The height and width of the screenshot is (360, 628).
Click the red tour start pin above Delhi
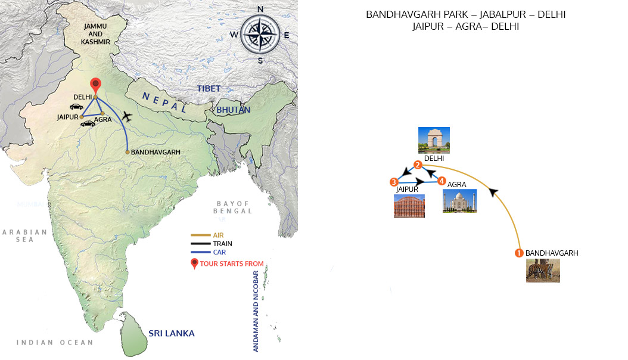pos(95,85)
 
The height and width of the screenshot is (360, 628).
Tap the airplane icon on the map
pos(126,114)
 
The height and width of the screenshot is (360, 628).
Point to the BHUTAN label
pos(234,110)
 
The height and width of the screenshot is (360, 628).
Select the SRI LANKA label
pos(171,333)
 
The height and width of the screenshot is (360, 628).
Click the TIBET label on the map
pos(209,88)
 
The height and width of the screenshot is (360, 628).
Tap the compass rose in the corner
pos(260,34)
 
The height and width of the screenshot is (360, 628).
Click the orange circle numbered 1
pos(519,253)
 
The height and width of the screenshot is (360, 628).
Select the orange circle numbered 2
pos(418,165)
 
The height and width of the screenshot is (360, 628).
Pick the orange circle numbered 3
pos(394,182)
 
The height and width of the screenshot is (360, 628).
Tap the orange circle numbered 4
pos(442,181)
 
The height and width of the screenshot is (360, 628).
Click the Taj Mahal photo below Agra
pos(459,201)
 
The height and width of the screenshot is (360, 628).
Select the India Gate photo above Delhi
pos(434,140)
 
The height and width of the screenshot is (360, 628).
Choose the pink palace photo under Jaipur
pos(409,206)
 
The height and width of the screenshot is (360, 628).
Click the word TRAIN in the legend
pos(222,244)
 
